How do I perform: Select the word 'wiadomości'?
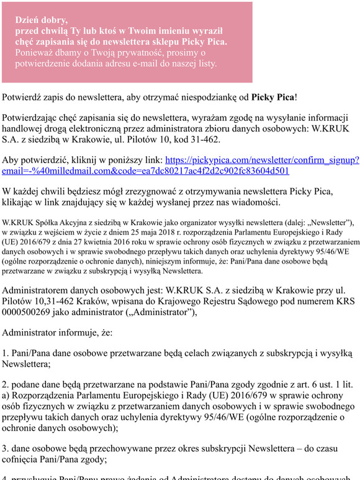click(255, 202)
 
